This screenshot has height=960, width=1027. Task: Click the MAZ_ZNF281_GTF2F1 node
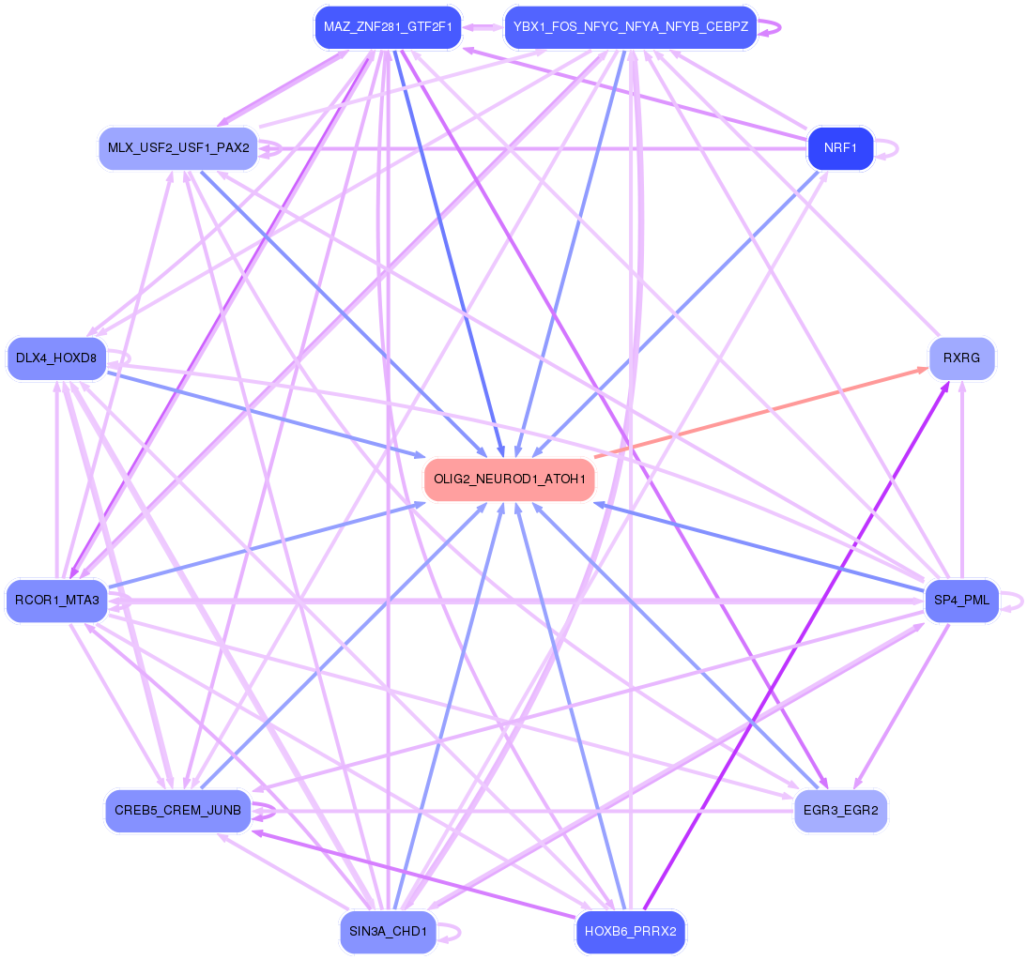[x=388, y=27]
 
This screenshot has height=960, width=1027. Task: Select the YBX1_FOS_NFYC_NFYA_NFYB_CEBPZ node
[x=630, y=27]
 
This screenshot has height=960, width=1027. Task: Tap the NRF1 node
[x=840, y=148]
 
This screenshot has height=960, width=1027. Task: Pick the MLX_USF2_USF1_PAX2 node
[x=178, y=148]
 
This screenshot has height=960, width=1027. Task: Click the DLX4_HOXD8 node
[x=56, y=358]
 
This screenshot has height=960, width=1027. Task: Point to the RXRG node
[x=961, y=358]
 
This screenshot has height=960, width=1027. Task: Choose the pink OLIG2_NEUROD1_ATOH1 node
[x=510, y=480]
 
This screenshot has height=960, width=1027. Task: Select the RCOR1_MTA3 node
[x=56, y=601]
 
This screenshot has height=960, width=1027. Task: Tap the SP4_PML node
[x=961, y=601]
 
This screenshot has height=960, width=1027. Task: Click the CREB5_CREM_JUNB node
[x=178, y=810]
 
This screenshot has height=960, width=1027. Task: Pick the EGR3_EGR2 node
[x=840, y=810]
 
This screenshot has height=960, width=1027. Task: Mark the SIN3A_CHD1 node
[x=388, y=932]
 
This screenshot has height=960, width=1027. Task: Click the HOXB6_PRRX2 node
[x=630, y=932]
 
